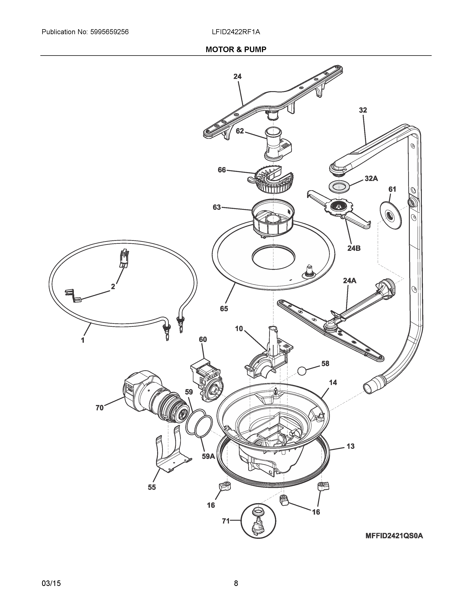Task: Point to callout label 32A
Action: [x=371, y=179]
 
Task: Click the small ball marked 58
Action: [x=302, y=371]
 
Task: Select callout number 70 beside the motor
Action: [x=100, y=408]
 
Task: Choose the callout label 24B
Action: [x=354, y=248]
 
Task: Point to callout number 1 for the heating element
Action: [x=83, y=340]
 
